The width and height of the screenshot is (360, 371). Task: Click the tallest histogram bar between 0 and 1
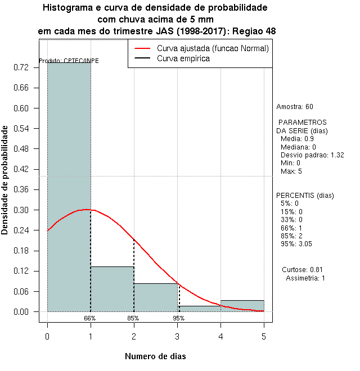(69, 185)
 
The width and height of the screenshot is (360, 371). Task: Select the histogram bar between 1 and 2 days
(112, 289)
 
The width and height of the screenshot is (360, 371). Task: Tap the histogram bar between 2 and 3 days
(156, 297)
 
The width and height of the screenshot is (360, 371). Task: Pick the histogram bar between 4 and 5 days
(242, 306)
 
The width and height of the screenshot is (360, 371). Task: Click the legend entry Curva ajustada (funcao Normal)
(213, 49)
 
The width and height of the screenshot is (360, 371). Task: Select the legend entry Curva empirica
(183, 58)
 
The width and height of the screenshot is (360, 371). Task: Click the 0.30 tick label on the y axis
(25, 210)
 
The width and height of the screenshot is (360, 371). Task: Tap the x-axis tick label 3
(177, 336)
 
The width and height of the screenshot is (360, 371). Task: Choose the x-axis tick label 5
(264, 336)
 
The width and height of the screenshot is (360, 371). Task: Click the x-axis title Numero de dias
(155, 356)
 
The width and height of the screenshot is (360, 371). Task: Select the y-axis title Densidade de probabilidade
(6, 180)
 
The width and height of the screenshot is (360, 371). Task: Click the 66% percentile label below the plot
(90, 318)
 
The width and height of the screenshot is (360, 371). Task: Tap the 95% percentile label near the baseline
(178, 318)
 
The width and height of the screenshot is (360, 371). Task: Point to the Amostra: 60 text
(295, 107)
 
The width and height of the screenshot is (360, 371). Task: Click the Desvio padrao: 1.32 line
(312, 155)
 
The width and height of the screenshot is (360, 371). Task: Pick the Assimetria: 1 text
(305, 278)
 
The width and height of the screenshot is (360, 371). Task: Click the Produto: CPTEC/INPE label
(69, 61)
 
